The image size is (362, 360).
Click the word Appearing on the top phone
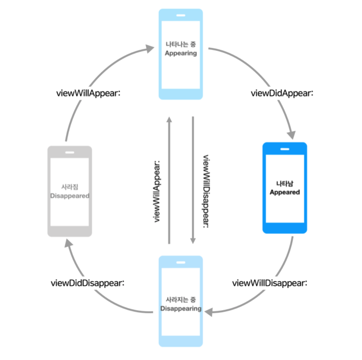(181, 54)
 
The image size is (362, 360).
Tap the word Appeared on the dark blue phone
(285, 192)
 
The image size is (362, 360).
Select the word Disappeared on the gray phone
(70, 196)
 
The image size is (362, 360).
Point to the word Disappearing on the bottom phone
(181, 309)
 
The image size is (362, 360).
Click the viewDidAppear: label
(282, 93)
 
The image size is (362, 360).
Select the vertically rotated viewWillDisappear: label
(205, 191)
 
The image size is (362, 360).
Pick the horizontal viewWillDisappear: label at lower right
(270, 283)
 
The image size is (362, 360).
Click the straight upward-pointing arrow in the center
(169, 180)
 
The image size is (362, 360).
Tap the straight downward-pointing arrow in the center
(193, 180)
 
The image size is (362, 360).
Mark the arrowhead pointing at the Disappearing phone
(209, 313)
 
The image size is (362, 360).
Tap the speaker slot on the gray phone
(70, 152)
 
